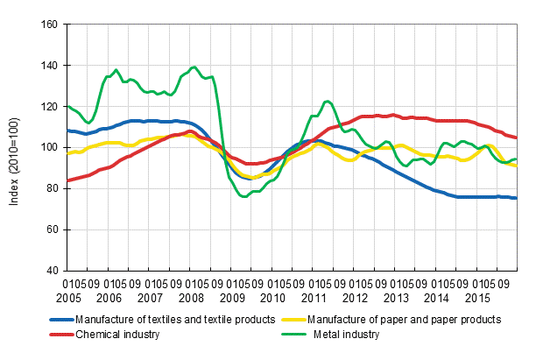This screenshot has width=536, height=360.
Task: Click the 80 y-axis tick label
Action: click(x=51, y=188)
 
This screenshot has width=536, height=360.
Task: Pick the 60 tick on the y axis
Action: click(x=51, y=229)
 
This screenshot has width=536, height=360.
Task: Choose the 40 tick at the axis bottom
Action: click(x=51, y=270)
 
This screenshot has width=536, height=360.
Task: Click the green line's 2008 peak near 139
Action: click(x=194, y=67)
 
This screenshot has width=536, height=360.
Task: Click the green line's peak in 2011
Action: click(x=327, y=102)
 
